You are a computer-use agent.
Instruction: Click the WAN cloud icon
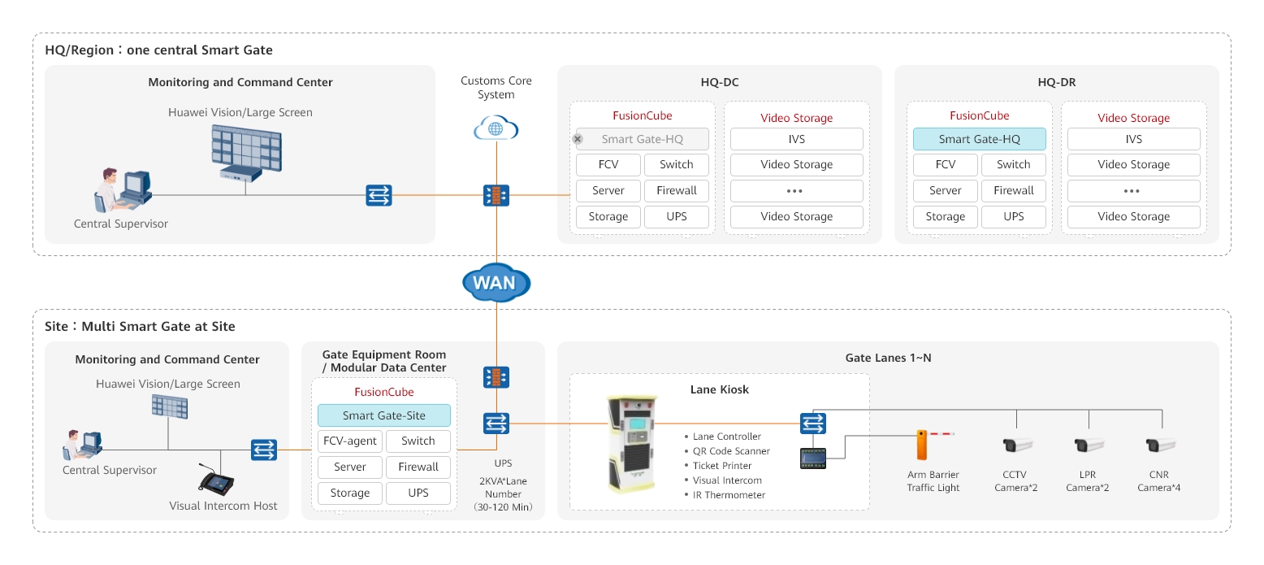496,284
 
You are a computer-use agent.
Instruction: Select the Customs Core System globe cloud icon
496,128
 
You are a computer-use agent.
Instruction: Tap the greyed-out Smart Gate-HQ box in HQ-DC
642,139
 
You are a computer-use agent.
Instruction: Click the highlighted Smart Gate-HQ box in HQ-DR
979,139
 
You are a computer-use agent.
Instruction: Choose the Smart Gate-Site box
383,415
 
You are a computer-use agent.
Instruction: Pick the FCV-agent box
349,441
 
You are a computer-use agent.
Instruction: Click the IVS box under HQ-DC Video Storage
796,139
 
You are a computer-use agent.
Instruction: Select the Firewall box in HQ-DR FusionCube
1013,191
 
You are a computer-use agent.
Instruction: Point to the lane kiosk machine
632,444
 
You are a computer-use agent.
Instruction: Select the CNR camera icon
1159,445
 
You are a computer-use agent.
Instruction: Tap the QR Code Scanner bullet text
731,451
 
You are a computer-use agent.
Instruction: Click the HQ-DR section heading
1056,82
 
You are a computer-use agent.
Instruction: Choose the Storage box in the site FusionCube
349,493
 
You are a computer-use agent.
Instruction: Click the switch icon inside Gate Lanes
812,424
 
